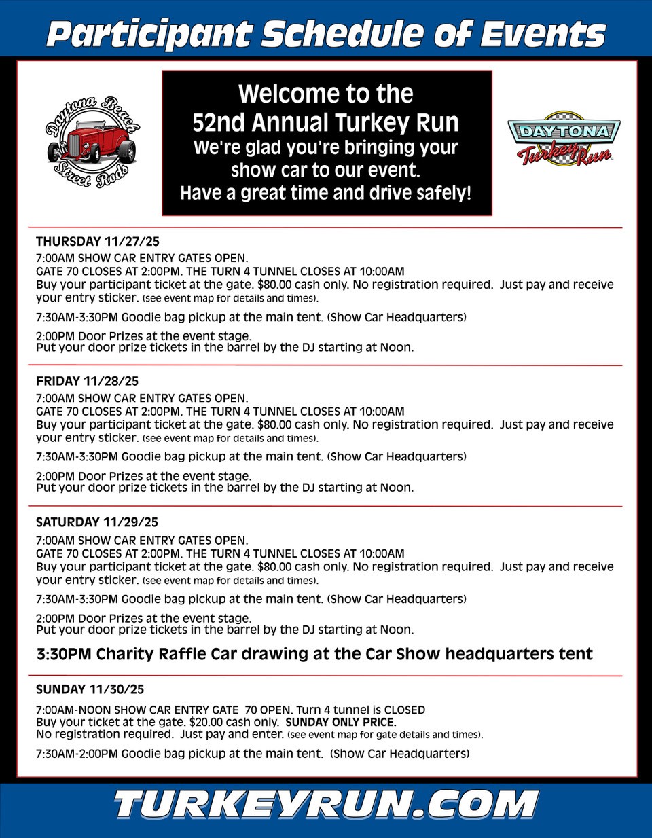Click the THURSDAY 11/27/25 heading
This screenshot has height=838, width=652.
tap(97, 241)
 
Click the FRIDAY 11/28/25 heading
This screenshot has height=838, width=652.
tap(87, 381)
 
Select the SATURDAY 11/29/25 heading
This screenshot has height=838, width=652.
tap(96, 522)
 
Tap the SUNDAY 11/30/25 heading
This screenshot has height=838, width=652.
tap(90, 689)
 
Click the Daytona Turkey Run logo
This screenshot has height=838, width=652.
tap(564, 139)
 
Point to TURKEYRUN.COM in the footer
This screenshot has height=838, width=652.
tap(326, 805)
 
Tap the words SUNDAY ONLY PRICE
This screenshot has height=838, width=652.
tap(341, 722)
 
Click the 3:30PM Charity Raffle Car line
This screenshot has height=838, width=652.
tap(314, 654)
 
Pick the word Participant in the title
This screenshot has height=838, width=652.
tap(149, 34)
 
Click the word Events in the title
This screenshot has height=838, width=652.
tap(543, 34)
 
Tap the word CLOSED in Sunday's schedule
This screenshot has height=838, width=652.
tap(404, 710)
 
